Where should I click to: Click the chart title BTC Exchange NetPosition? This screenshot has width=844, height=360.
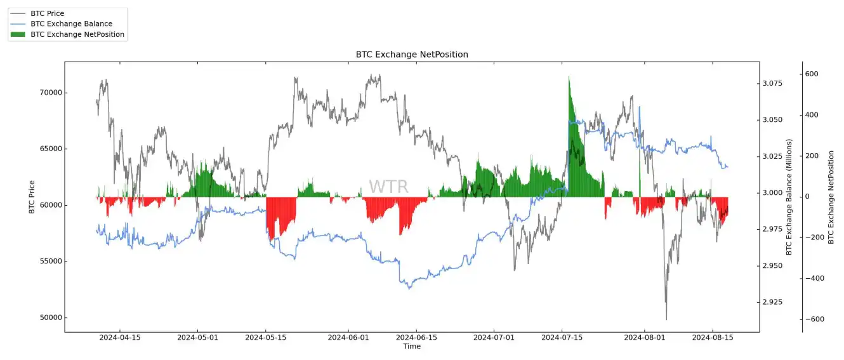pos(411,55)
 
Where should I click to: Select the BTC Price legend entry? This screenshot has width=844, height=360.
pos(47,13)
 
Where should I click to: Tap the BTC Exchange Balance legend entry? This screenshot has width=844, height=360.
pos(71,23)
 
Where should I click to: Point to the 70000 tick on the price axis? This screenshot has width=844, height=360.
pos(48,93)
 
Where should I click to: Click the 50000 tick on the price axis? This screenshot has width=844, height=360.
pos(48,318)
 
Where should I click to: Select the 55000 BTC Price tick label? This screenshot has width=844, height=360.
pos(48,262)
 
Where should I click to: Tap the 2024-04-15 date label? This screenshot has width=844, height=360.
pos(120,338)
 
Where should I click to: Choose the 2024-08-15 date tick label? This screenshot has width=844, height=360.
pos(713,338)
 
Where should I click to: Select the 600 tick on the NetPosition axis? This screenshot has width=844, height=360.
pos(812,74)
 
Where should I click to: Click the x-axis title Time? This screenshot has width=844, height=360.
pos(412,347)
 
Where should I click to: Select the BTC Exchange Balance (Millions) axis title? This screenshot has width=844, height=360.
pos(789,197)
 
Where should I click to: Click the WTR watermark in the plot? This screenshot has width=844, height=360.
pos(388,187)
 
